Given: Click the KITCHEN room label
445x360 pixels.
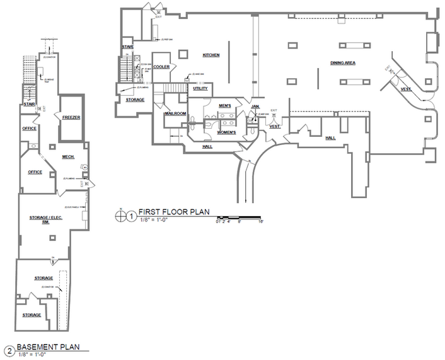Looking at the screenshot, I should pos(211,55).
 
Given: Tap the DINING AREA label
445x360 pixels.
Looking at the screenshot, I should pos(342,63).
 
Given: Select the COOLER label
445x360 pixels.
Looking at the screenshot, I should pos(161,66).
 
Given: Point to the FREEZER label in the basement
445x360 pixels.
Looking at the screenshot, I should pos(71,117).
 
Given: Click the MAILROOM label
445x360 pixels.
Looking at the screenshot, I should pos(173,113).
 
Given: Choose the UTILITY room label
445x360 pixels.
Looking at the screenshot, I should pos(200,88).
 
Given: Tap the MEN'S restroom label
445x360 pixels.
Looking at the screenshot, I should pos(225,105).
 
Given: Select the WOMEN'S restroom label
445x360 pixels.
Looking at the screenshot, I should pos(226,132).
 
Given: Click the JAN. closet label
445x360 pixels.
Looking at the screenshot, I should pos(255,107).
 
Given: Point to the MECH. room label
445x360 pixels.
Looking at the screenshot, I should pos(69,157).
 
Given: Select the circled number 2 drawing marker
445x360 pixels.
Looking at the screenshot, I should pos(9,351).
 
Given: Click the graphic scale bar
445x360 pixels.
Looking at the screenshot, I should pos(239,218).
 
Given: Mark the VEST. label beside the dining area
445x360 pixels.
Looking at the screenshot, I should pos(407,90).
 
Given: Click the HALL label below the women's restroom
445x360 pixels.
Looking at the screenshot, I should pos(207,146).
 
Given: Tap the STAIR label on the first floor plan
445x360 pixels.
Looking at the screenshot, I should pos(127,47).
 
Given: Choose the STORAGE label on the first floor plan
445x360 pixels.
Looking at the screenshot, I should pos(135,100).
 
